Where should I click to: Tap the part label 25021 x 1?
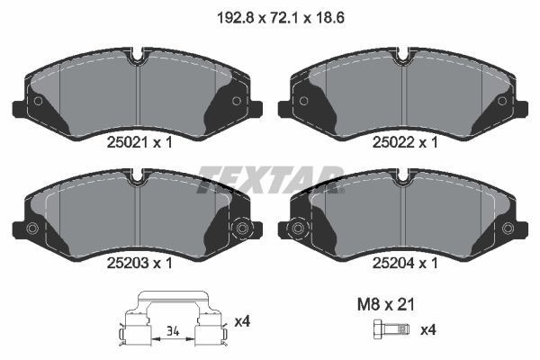[x=138, y=142]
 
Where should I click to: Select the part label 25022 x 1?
[x=405, y=142]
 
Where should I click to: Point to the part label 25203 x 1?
[x=138, y=263]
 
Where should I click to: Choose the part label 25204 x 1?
[x=405, y=263]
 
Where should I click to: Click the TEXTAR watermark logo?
[x=270, y=177]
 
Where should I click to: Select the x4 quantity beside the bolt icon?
[x=429, y=329]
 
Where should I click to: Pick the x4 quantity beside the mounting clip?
[x=242, y=321]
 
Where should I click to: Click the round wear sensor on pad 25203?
[x=241, y=229]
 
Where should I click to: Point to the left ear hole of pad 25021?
[x=38, y=101]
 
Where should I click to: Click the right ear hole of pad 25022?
[x=504, y=101]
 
